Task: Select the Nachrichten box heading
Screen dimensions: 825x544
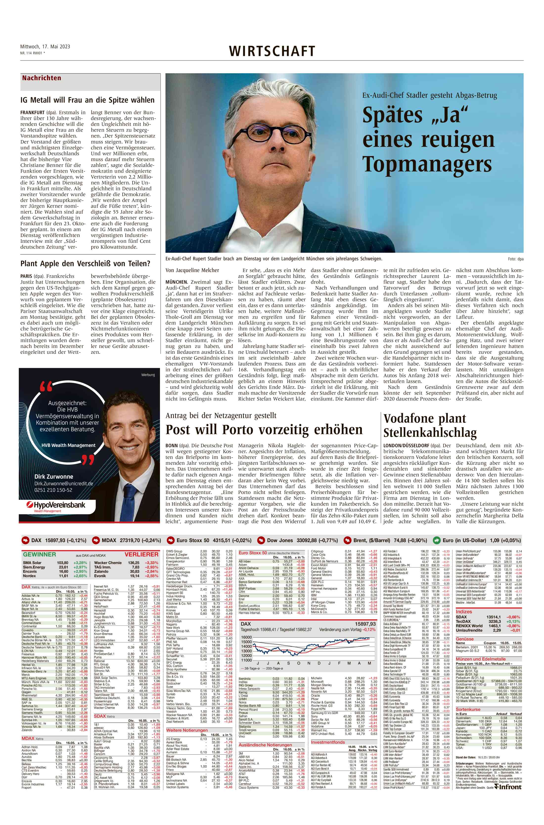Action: pos(42,78)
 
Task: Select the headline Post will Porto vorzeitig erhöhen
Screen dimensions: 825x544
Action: pos(264,430)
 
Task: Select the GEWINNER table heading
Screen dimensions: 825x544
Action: pos(40,555)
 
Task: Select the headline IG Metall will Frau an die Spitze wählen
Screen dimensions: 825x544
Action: pos(88,100)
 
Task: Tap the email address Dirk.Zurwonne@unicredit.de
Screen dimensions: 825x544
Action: pos(64,483)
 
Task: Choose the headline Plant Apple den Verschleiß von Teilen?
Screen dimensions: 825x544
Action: pos(85,264)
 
